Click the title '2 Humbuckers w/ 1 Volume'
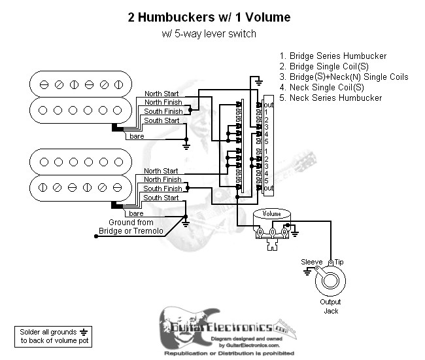pyautogui.click(x=209, y=18)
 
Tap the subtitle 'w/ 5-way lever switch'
pyautogui.click(x=209, y=33)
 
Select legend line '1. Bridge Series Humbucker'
pyautogui.click(x=333, y=56)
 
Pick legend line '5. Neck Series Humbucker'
pyautogui.click(x=330, y=98)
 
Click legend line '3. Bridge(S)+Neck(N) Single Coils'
pyautogui.click(x=343, y=77)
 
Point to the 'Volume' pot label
pyautogui.click(x=272, y=214)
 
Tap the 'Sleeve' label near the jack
pyautogui.click(x=311, y=262)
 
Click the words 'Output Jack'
pyautogui.click(x=330, y=306)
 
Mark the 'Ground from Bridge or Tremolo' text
pyautogui.click(x=131, y=227)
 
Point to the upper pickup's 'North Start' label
pyautogui.click(x=161, y=94)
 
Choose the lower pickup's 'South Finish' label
pyautogui.click(x=163, y=189)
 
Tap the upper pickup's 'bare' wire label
pyautogui.click(x=136, y=136)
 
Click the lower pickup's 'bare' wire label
pyautogui.click(x=136, y=213)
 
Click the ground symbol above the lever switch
pyautogui.click(x=259, y=82)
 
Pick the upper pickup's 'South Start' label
pyautogui.click(x=161, y=121)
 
